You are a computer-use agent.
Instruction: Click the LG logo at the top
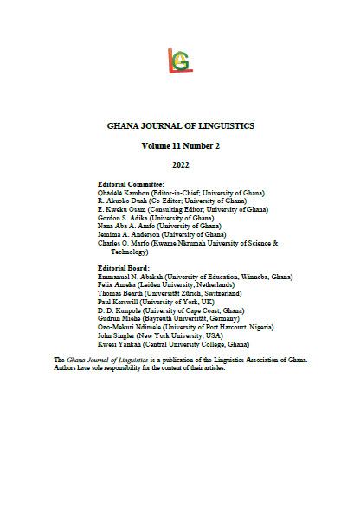coord(180,58)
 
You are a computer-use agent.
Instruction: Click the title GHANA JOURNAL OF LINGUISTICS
coord(180,125)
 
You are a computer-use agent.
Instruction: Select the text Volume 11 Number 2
coord(180,147)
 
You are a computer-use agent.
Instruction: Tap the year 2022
coord(180,168)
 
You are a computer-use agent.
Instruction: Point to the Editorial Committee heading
coord(136,185)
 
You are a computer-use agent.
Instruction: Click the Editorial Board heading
coord(129,268)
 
